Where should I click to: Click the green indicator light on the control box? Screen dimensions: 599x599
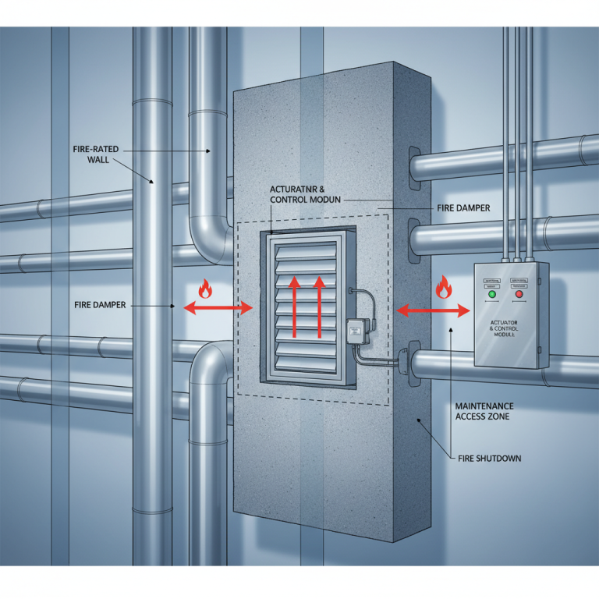[492, 296]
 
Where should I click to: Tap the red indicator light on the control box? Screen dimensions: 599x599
[518, 296]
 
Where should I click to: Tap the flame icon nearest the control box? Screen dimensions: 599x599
[443, 288]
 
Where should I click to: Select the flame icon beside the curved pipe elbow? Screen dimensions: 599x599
[205, 289]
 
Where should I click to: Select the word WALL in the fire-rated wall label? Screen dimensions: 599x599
[99, 160]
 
